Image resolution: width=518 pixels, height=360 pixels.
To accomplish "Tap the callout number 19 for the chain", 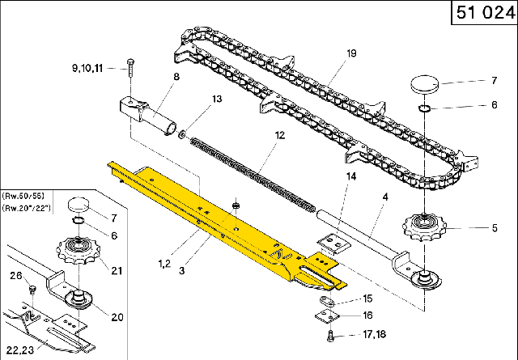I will (351, 53).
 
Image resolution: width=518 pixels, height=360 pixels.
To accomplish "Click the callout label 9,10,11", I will (87, 69).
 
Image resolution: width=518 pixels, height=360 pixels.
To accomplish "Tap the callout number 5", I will (494, 228).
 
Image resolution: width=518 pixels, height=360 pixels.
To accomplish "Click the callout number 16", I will (367, 316).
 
